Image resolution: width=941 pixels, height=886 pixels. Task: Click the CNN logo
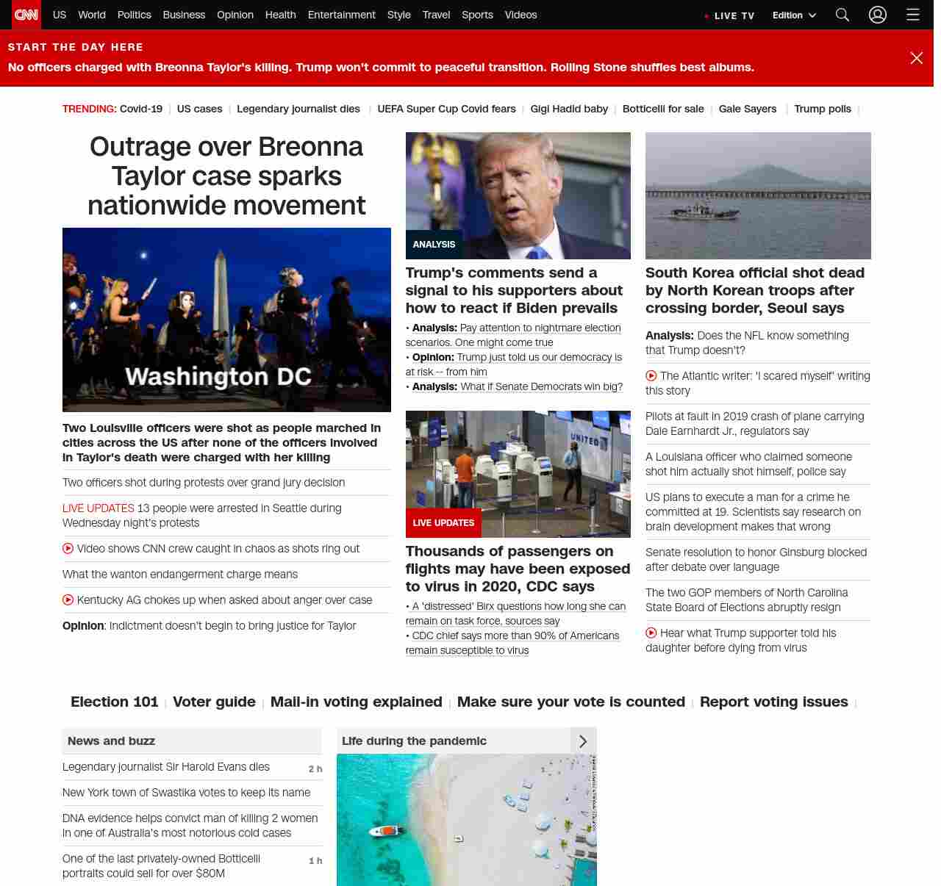pyautogui.click(x=26, y=15)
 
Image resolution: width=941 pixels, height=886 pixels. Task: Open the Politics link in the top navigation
pyautogui.click(x=134, y=15)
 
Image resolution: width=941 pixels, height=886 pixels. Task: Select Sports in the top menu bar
pyautogui.click(x=477, y=15)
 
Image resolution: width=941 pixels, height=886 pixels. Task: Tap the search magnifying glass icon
pyautogui.click(x=842, y=15)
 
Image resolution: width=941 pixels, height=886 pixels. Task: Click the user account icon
pyautogui.click(x=878, y=15)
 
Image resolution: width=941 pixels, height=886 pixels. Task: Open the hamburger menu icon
pyautogui.click(x=913, y=15)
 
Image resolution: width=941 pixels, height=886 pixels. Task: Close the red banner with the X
pyautogui.click(x=916, y=58)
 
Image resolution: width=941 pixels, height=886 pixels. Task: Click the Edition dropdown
pyautogui.click(x=794, y=15)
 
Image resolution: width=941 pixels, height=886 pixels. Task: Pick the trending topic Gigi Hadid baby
pyautogui.click(x=569, y=109)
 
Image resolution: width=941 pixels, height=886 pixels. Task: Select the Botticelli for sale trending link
pyautogui.click(x=663, y=109)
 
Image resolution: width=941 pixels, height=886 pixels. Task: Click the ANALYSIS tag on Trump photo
pyautogui.click(x=434, y=245)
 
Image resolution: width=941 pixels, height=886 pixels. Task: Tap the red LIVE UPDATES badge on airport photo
pyautogui.click(x=443, y=523)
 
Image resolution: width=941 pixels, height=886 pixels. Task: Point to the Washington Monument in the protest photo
pyautogui.click(x=221, y=294)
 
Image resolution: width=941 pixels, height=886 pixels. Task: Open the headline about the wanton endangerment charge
pyautogui.click(x=180, y=575)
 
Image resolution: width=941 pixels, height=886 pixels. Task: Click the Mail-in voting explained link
pyautogui.click(x=357, y=702)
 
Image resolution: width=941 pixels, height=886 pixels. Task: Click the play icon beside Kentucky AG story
pyautogui.click(x=68, y=600)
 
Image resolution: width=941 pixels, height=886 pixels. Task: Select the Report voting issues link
pyautogui.click(x=774, y=702)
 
